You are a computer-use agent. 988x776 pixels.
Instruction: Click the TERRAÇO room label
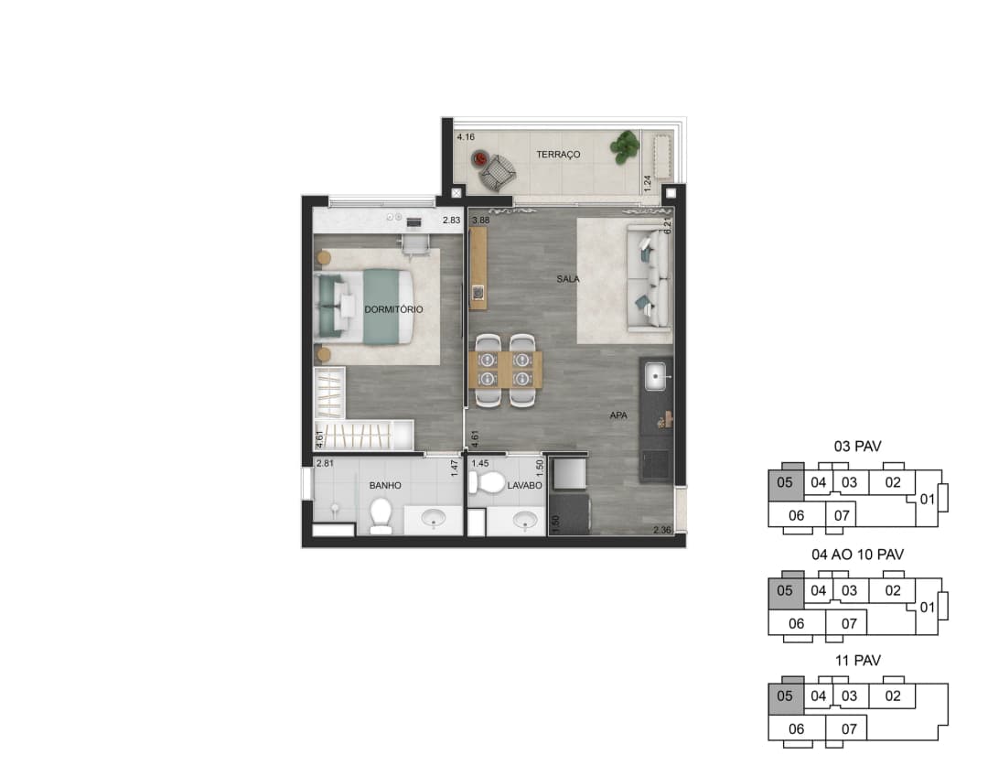(558, 155)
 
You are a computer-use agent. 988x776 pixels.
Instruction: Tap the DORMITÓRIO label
(393, 309)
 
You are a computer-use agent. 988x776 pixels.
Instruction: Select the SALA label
(568, 278)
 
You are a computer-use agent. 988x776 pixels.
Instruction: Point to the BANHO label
(385, 485)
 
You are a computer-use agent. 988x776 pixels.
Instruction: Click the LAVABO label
(525, 485)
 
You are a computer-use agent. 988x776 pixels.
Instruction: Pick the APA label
(618, 415)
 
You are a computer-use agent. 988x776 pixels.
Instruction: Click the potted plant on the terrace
(625, 147)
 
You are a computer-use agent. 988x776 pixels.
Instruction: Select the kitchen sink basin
(656, 377)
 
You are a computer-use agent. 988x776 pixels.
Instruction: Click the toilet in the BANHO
(381, 515)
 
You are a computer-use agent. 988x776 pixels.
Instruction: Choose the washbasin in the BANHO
(434, 519)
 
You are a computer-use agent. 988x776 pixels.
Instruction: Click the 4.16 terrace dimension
(466, 136)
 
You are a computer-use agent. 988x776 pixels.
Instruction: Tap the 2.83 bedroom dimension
(451, 220)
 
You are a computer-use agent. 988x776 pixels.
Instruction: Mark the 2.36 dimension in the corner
(662, 530)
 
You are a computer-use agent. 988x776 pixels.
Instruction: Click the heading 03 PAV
(857, 447)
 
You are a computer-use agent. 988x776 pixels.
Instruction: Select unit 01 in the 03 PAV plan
(928, 500)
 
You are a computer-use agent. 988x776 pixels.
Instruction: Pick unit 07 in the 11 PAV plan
(849, 729)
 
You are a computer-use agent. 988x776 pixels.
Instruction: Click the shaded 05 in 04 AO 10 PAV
(785, 590)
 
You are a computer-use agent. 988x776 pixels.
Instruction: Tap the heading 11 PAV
(857, 661)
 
